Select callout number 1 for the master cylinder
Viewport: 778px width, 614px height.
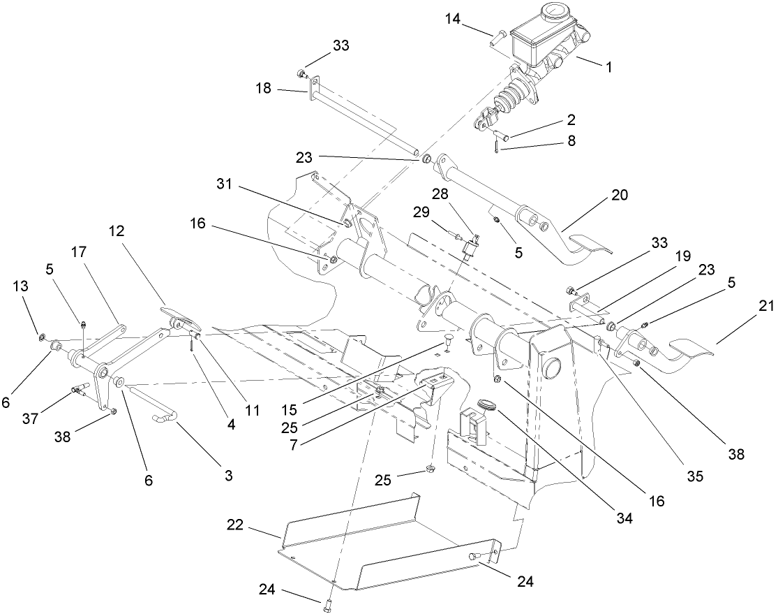(608, 67)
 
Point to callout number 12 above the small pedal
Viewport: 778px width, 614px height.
(117, 231)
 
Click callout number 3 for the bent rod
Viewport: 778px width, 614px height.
(227, 476)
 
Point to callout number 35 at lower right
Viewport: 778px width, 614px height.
(694, 478)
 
